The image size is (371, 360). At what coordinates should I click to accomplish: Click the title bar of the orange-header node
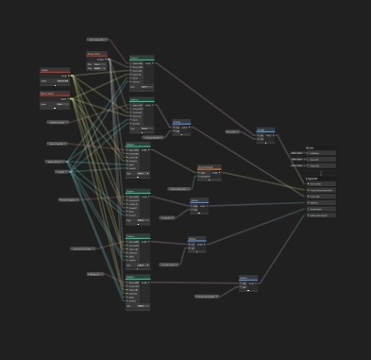coord(209,167)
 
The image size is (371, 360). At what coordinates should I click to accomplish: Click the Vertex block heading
coord(310,147)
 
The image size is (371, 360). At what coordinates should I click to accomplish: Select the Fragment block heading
coord(312,178)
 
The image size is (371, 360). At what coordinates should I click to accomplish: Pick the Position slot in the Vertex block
coord(320,153)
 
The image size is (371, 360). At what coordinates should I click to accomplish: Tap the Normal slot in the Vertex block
coord(320,159)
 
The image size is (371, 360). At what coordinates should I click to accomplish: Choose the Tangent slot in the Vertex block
coord(320,165)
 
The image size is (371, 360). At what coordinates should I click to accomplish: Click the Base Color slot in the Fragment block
coord(321,183)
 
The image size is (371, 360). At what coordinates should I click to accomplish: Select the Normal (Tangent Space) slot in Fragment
coord(321,190)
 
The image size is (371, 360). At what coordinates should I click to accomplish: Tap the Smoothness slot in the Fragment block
coord(321,202)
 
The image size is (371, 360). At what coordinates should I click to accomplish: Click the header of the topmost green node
coord(142,58)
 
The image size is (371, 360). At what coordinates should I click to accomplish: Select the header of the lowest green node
coord(138,277)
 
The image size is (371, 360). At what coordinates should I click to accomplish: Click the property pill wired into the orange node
coord(179,189)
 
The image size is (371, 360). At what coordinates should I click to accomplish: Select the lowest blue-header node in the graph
coord(248,278)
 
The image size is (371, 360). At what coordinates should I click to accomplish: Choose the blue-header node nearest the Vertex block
coord(266,130)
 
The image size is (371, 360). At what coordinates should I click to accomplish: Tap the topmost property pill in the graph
coord(97,40)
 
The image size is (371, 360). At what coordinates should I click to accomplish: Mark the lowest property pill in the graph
coord(207,297)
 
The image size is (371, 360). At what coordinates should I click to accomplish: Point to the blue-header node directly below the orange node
coord(198,199)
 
